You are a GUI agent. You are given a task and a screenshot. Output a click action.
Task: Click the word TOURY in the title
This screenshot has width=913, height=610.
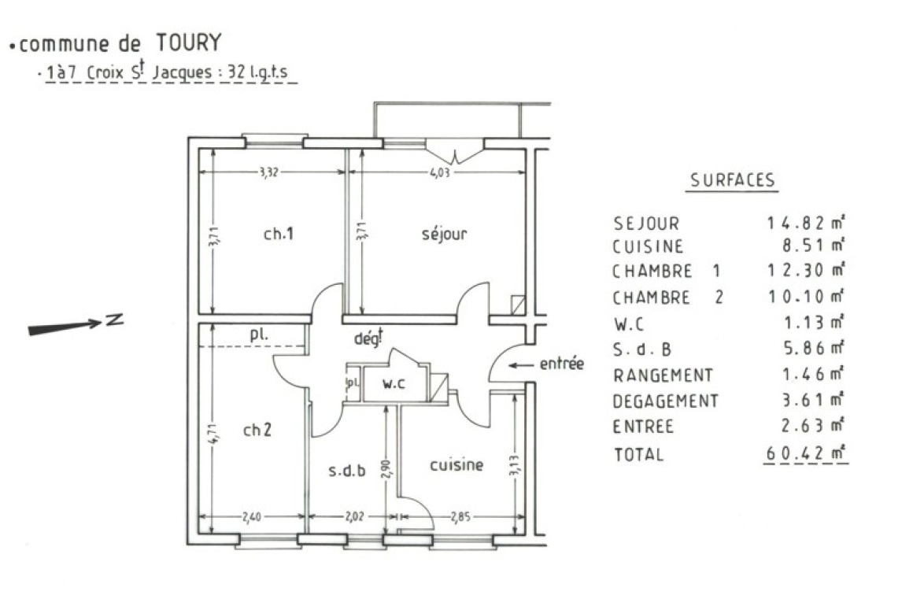tap(189, 43)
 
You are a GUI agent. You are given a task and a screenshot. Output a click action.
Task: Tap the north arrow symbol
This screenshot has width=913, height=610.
tap(76, 325)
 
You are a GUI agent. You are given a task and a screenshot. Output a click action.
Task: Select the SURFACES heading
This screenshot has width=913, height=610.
tap(733, 180)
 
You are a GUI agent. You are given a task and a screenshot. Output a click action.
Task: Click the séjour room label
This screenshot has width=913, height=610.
tap(444, 234)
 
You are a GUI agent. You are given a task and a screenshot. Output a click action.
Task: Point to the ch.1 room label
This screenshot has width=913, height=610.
tap(279, 234)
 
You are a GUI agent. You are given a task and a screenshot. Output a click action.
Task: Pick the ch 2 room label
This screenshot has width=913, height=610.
tap(257, 430)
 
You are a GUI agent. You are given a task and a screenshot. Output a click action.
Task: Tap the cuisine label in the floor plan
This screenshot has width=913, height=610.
tap(456, 464)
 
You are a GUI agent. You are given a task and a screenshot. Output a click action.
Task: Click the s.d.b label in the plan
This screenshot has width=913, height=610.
tap(347, 471)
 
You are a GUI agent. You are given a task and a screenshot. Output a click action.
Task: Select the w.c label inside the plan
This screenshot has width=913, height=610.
tap(394, 383)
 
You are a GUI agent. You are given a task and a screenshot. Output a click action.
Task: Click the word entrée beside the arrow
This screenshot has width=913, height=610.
tap(561, 364)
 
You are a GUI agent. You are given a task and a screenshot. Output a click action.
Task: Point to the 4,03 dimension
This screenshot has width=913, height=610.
tap(440, 172)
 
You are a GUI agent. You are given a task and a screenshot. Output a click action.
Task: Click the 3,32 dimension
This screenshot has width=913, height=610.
tap(269, 172)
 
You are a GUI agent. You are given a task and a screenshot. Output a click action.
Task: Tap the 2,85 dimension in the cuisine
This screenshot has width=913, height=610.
tap(460, 516)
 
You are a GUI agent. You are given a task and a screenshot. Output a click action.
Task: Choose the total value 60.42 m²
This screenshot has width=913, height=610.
tap(805, 453)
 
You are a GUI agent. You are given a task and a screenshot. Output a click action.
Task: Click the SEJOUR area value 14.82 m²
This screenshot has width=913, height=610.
tap(806, 222)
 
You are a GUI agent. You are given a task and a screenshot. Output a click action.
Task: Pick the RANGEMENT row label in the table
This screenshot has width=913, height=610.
tap(663, 375)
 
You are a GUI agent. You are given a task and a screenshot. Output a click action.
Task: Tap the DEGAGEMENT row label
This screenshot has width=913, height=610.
tap(666, 401)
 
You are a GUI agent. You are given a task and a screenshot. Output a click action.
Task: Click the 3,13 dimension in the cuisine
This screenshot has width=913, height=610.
tap(514, 465)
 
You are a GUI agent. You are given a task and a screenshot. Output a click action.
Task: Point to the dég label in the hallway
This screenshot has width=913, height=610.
tap(368, 338)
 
